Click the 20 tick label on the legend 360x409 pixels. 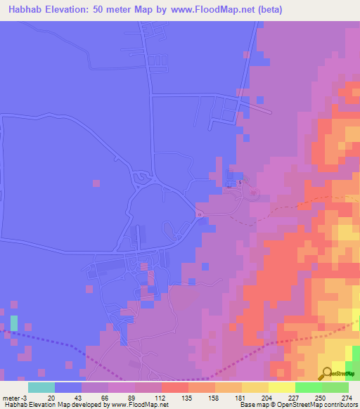(51, 397)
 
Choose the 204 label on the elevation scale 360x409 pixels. (267, 397)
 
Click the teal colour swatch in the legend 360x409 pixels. (41, 387)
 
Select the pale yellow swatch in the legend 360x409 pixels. (282, 387)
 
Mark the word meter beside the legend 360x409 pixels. (11, 397)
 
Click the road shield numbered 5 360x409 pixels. (239, 183)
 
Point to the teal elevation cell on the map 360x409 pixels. (14, 323)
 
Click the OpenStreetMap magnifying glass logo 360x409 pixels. (326, 375)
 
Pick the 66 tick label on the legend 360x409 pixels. (105, 397)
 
